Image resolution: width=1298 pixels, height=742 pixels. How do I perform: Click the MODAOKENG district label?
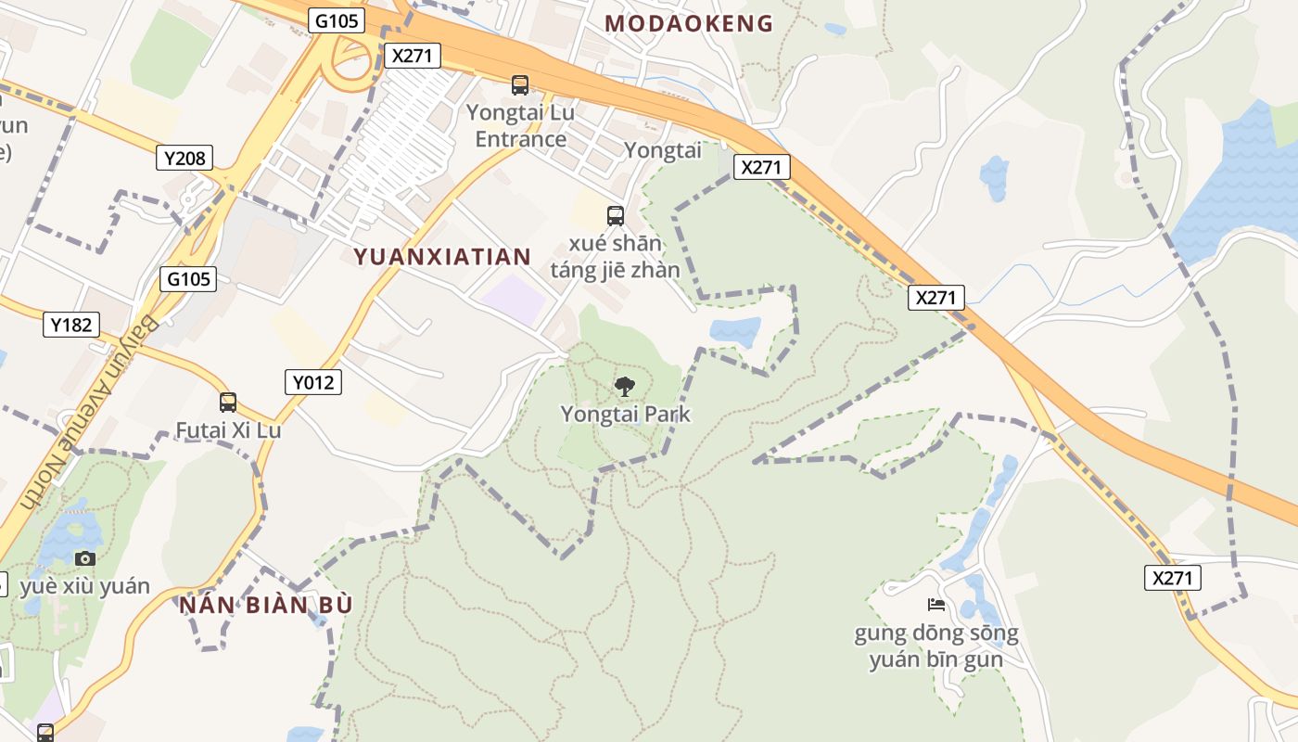tap(689, 24)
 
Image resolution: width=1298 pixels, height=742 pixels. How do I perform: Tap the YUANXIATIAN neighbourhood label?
tap(442, 257)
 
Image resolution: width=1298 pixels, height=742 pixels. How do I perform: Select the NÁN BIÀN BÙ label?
tap(267, 605)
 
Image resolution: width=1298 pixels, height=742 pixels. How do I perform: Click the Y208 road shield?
tap(185, 158)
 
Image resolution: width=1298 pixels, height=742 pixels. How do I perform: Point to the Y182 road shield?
tap(71, 325)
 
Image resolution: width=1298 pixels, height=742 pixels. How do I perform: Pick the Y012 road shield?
tap(312, 381)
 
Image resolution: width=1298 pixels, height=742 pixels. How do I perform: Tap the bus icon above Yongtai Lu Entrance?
tap(520, 85)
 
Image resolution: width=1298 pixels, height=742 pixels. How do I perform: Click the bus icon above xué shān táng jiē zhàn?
tap(615, 216)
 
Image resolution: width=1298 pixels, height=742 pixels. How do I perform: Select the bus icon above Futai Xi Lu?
tap(228, 403)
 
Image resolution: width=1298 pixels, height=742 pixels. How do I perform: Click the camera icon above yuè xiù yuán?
tap(85, 557)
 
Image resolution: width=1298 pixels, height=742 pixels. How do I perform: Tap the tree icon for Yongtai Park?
tap(625, 386)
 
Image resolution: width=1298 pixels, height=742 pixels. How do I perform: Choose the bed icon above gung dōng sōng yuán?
tap(936, 605)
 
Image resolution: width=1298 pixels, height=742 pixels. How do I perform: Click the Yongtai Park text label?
tap(626, 414)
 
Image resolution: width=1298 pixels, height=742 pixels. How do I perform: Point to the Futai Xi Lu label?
tap(228, 430)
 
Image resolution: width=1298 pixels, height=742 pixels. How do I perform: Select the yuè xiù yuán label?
tap(84, 586)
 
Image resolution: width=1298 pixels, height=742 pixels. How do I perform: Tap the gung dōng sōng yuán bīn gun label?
tap(936, 646)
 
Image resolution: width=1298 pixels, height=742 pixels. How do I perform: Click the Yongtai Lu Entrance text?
tap(520, 126)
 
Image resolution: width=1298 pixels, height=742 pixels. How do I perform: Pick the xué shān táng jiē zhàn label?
tap(616, 257)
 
